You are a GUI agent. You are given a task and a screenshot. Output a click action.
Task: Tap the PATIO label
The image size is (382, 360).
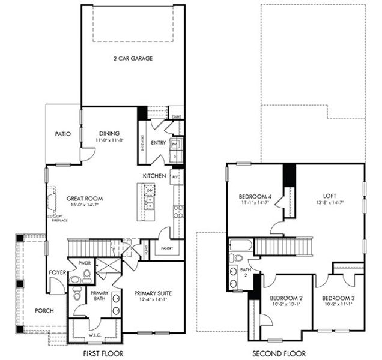coord(64,134)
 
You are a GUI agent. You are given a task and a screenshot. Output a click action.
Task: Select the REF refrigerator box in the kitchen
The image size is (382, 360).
coord(175,176)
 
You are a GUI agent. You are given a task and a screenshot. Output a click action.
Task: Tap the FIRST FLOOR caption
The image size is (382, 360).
coord(115,354)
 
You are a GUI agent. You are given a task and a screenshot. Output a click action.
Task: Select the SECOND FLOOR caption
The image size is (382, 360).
coord(279,354)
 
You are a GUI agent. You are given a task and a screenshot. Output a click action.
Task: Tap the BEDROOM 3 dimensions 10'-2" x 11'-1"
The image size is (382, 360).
coord(338,305)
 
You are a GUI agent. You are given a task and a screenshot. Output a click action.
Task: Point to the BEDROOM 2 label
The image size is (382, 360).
coord(285,298)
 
